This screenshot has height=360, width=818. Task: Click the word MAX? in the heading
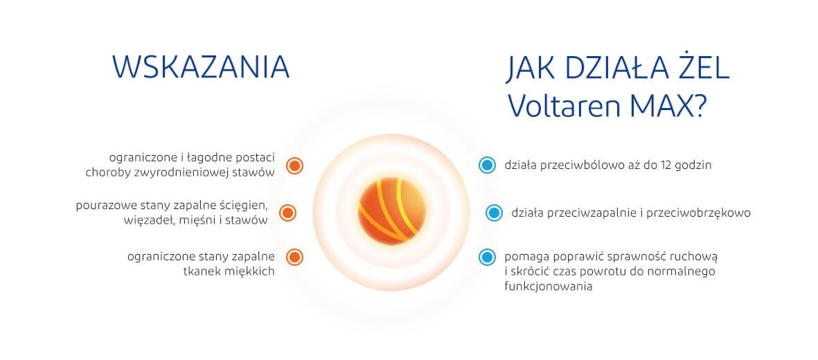click(668, 105)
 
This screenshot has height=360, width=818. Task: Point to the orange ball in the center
click(392, 211)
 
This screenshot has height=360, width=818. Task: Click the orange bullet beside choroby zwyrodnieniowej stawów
click(295, 166)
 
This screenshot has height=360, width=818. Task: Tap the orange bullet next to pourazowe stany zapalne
click(288, 213)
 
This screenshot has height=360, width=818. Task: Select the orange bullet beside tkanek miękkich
click(295, 257)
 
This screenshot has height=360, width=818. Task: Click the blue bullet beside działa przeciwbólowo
click(487, 165)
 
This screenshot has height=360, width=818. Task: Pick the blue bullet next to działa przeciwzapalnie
click(494, 213)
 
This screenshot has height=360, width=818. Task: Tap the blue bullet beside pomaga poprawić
click(487, 257)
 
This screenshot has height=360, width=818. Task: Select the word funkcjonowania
click(549, 287)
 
